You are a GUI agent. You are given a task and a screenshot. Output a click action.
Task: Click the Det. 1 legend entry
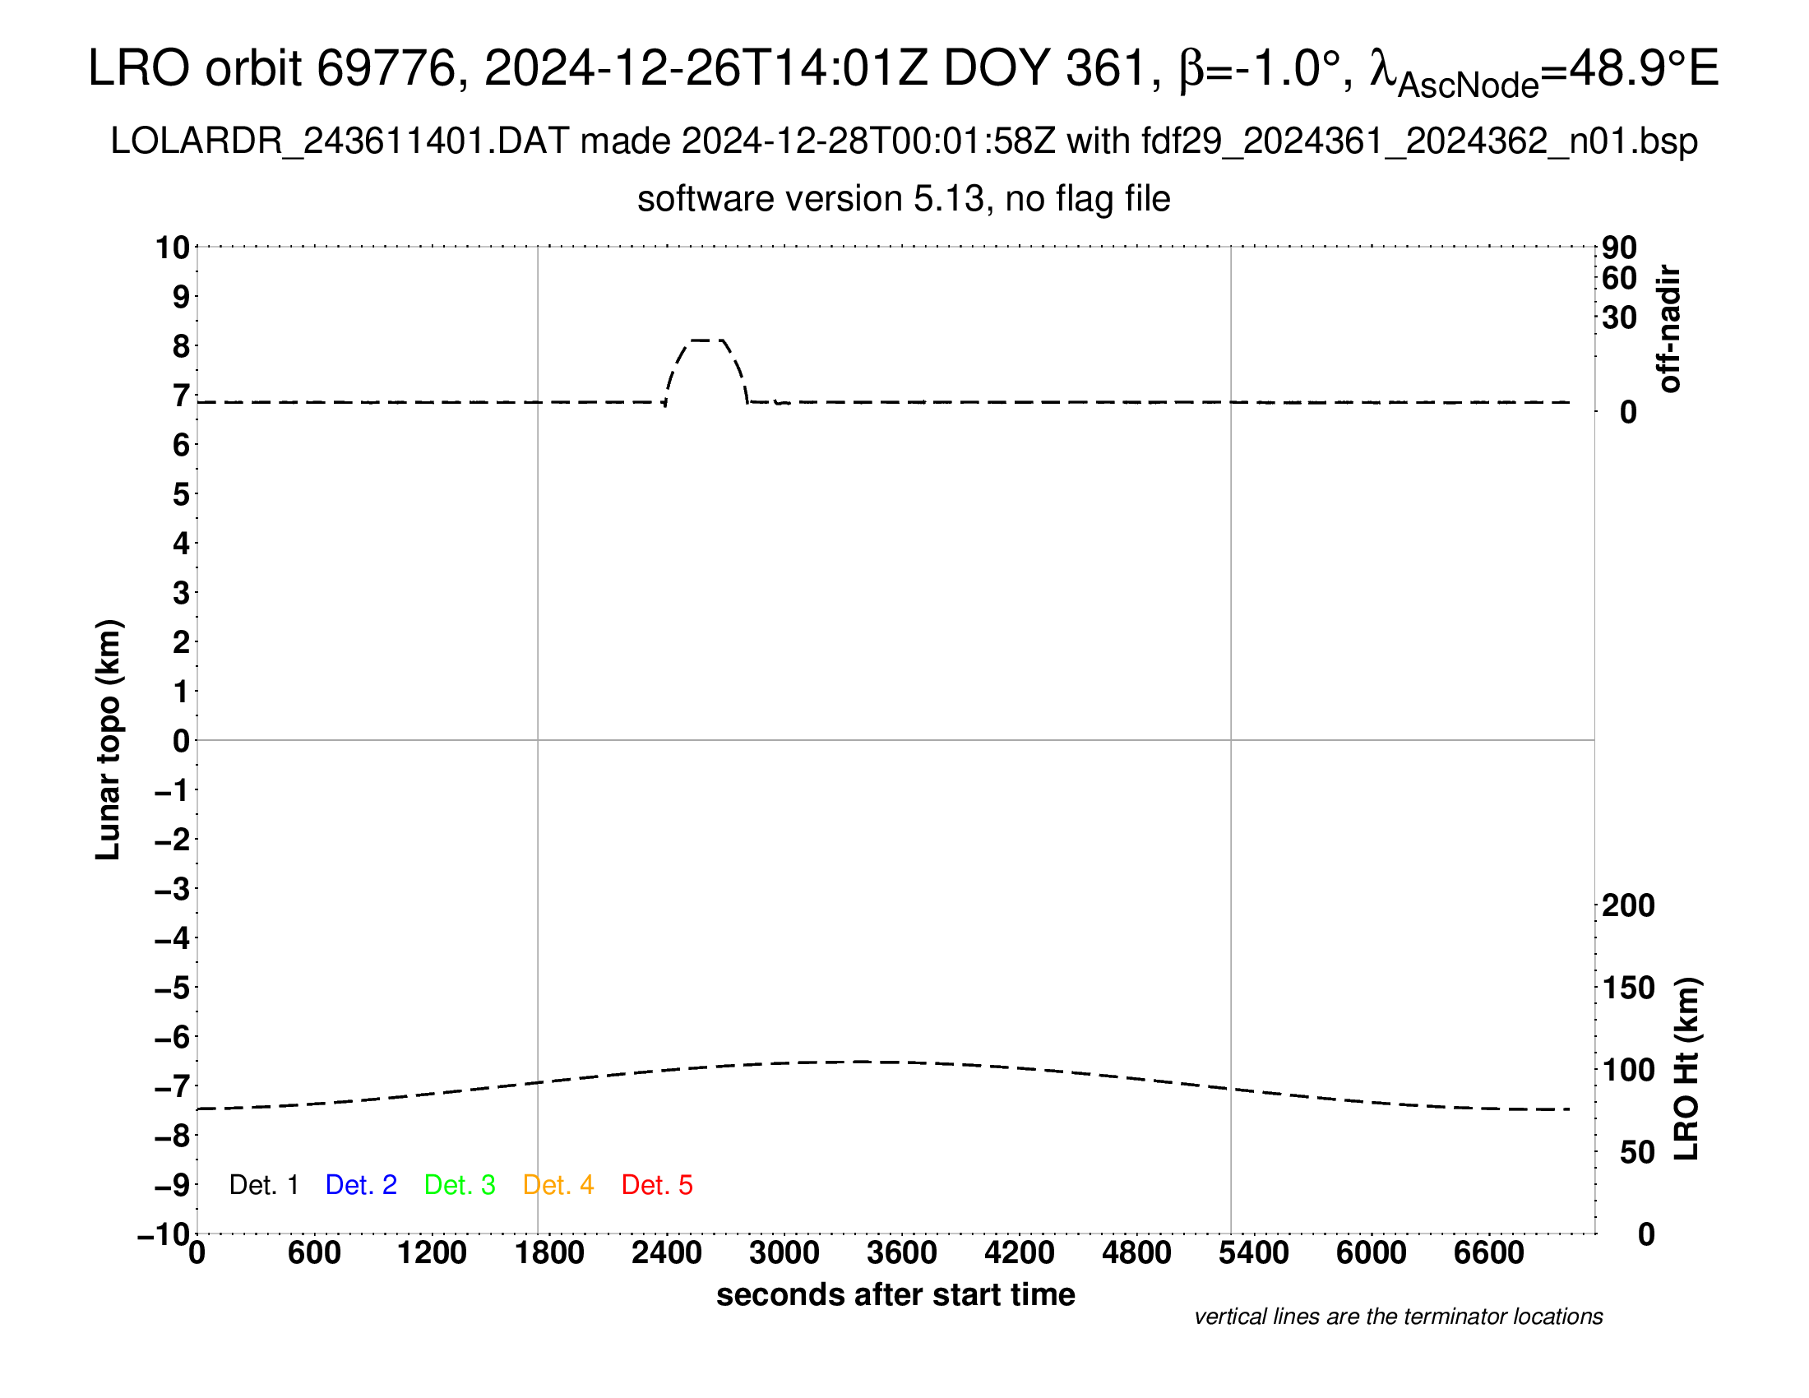point(263,1185)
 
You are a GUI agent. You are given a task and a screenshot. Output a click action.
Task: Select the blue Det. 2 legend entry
point(361,1185)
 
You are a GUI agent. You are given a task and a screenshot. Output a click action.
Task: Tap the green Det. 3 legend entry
point(460,1185)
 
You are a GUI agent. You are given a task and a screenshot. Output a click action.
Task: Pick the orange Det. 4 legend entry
point(558,1185)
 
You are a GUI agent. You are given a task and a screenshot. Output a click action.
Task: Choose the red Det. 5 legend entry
point(657,1185)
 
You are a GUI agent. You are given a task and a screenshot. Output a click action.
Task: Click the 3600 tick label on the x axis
point(902,1253)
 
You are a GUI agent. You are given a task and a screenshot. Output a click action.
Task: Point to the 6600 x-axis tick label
point(1488,1253)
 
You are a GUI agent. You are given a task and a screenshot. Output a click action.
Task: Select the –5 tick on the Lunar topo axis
point(173,988)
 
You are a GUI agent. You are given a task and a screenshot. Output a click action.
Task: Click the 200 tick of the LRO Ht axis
point(1628,906)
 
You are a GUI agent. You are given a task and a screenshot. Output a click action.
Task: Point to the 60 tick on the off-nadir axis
point(1619,278)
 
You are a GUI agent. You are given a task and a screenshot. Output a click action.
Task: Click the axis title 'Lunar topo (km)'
point(109,739)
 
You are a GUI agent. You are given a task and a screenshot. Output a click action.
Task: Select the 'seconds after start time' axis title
point(895,1295)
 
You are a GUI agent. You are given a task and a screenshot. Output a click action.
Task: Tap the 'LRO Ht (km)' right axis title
point(1686,1069)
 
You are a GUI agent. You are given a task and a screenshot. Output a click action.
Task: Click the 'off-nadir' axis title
point(1669,329)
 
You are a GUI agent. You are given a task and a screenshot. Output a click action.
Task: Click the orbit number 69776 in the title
point(386,68)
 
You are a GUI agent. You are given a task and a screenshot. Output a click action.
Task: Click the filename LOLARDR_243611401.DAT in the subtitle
point(339,141)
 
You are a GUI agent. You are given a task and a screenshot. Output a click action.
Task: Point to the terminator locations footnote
point(1398,1317)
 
